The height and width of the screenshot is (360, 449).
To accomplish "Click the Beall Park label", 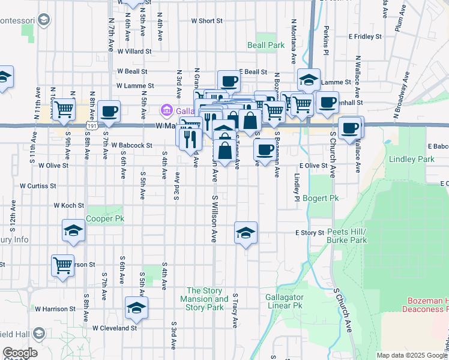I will click(x=266, y=45).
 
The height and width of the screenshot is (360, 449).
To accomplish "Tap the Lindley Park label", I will click(x=411, y=160).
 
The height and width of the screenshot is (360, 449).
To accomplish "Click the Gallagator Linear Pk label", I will click(x=285, y=301).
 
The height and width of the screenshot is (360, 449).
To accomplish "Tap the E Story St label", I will click(x=309, y=233).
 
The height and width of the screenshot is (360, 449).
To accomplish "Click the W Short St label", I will click(x=207, y=20).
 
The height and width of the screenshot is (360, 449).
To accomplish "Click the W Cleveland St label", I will click(x=115, y=328).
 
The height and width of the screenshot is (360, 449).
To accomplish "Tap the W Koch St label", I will click(x=68, y=205).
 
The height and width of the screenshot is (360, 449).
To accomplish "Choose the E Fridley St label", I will click(x=364, y=37).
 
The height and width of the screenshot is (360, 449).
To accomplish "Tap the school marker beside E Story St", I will click(x=245, y=232).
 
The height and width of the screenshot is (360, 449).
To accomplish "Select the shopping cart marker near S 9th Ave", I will click(x=62, y=110).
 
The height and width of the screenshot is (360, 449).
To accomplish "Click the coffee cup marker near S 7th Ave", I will click(x=109, y=111).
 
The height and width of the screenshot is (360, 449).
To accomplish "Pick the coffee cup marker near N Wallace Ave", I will click(x=350, y=127).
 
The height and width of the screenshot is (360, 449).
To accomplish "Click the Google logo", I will click(x=20, y=353).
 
